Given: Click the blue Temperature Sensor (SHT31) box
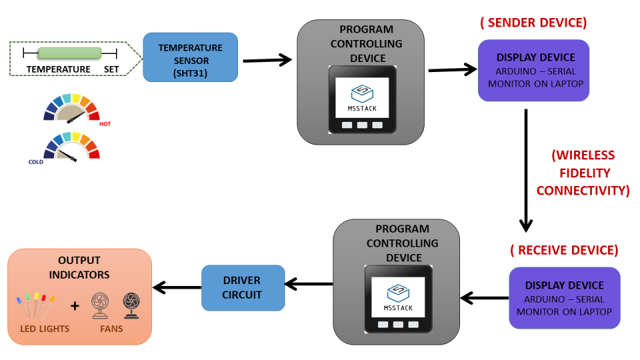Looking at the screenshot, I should pos(190,57).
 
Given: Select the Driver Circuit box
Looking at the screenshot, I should pos(243,287).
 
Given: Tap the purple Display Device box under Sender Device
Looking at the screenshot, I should pos(533,70).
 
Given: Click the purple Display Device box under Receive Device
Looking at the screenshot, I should pos(564,297).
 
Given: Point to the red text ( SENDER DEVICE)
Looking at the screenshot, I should pos(533,23).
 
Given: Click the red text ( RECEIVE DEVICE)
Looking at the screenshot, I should pos(564,250).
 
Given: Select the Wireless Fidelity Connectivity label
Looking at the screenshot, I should pos(583,173).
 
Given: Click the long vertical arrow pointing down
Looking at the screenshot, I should pos(527,170).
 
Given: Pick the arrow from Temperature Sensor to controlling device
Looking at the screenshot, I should pos(267,60).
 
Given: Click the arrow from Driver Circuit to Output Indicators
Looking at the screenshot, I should pos(177,287).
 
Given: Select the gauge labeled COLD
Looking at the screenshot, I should pos(71,147).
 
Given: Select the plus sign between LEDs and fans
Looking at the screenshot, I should pos(75,306).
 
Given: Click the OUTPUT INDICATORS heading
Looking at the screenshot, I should pos(79,267).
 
